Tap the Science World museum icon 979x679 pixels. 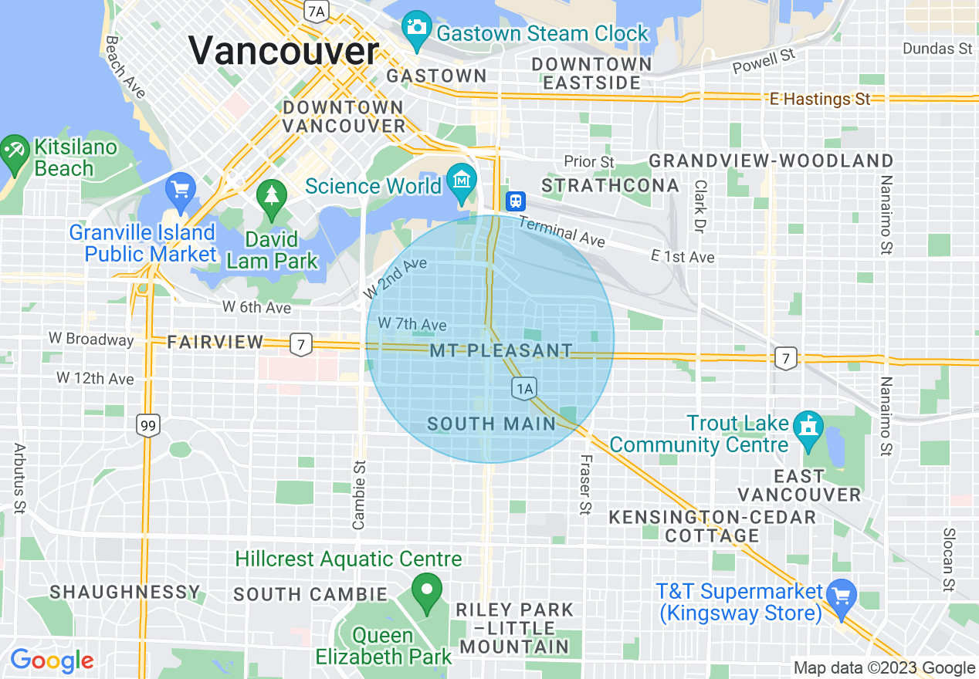[462, 178]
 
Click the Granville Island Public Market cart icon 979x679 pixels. [181, 188]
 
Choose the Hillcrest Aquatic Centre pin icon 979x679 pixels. [425, 591]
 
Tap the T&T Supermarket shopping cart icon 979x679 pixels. [841, 595]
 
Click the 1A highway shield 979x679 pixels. [523, 388]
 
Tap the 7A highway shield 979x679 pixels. [316, 10]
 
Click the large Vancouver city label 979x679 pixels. [284, 51]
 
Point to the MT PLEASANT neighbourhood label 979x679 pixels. [500, 351]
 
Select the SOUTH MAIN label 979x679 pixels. [492, 424]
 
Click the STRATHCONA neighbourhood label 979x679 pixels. [610, 185]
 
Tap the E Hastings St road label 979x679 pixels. [820, 99]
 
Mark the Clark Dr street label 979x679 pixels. [700, 207]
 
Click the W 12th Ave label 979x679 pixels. [95, 379]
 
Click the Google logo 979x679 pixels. [52, 660]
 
